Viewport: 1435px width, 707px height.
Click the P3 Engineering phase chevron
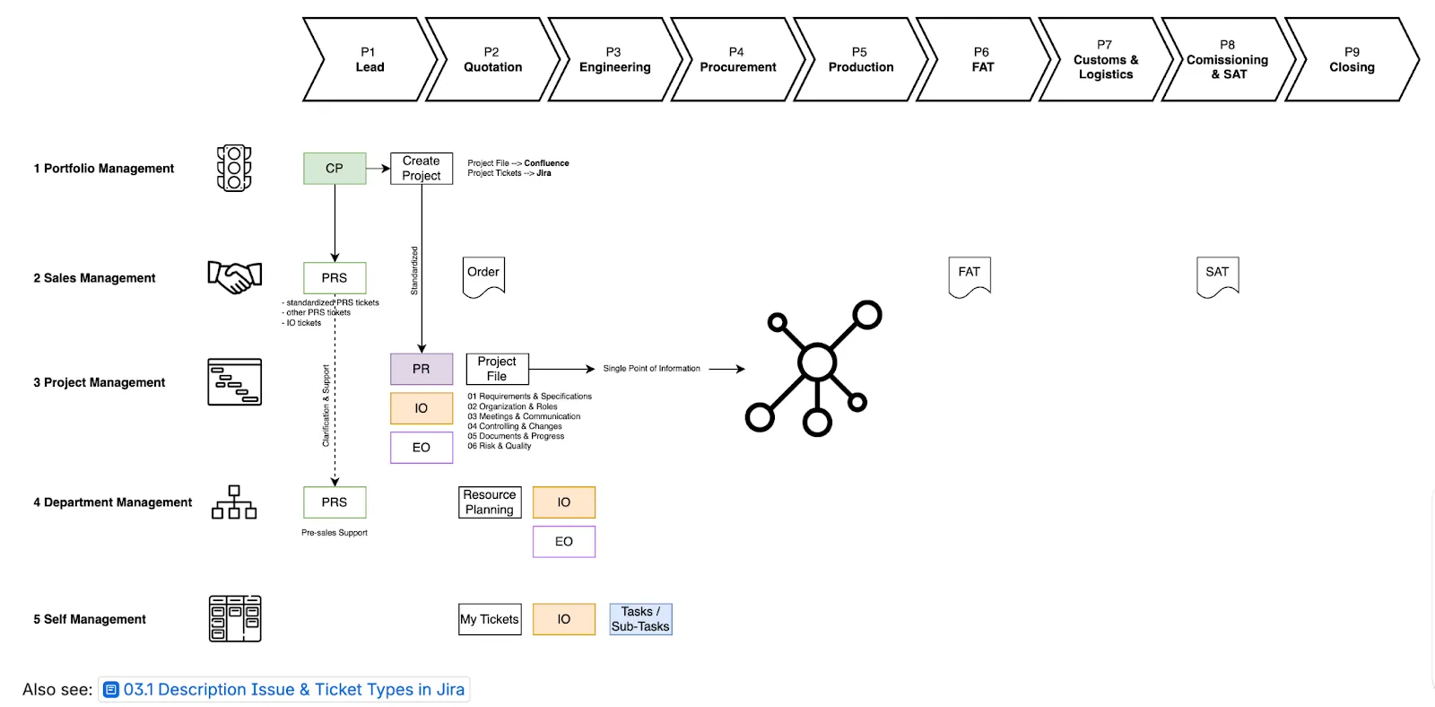click(614, 60)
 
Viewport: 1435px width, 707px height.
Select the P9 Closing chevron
click(1352, 60)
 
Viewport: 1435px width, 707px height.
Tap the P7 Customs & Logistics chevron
click(1105, 60)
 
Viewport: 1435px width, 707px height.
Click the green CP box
click(335, 169)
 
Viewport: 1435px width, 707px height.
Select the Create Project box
click(422, 169)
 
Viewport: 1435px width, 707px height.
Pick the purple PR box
click(422, 369)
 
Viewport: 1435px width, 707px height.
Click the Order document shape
click(483, 275)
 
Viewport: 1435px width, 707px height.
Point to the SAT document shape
click(1217, 275)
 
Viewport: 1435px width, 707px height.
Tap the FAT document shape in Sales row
click(970, 275)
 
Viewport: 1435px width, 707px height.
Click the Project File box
click(497, 369)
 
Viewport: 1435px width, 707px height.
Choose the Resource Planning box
click(490, 502)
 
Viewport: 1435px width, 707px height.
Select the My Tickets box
click(490, 619)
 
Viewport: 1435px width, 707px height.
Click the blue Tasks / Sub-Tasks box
click(640, 619)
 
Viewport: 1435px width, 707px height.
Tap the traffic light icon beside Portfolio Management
click(234, 168)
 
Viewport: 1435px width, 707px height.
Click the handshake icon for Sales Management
click(235, 277)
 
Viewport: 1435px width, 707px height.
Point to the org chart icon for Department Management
click(234, 502)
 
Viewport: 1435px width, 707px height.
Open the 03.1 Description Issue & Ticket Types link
click(293, 689)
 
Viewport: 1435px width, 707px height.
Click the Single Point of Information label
click(651, 369)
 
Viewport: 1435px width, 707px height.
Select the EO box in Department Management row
click(563, 542)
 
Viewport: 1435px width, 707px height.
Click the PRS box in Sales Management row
click(335, 278)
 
